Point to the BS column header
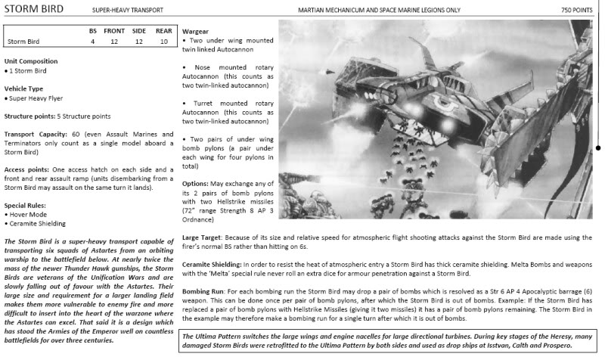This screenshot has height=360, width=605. pyautogui.click(x=93, y=30)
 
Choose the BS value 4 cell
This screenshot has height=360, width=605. pyautogui.click(x=93, y=42)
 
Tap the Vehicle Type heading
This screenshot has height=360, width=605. pyautogui.click(x=25, y=88)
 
